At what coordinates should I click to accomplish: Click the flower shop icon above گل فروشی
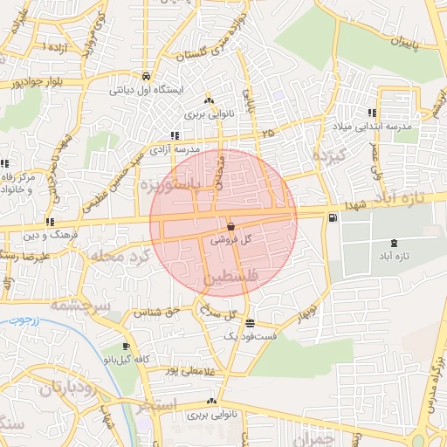click(230, 226)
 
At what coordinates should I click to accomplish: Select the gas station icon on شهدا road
click(331, 217)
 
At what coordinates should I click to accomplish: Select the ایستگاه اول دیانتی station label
click(147, 88)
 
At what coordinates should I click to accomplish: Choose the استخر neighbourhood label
click(157, 405)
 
